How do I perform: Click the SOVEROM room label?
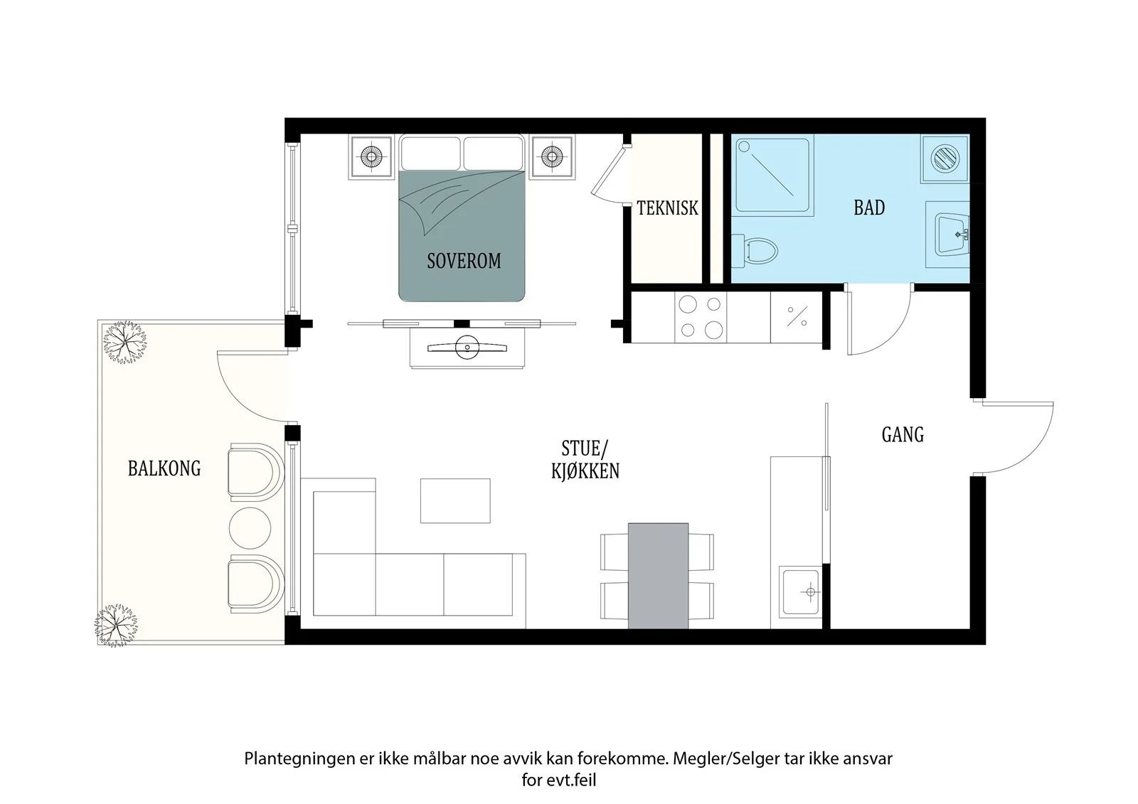point(464,261)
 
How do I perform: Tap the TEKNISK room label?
point(668,208)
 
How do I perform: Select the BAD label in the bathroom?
point(869,208)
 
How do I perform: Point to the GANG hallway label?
point(903,435)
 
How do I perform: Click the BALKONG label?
point(164,468)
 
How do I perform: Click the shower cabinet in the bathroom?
point(772,175)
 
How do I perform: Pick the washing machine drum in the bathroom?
point(945,158)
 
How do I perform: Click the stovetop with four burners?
point(701,318)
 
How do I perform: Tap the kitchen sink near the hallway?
point(801,591)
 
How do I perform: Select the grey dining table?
point(659,576)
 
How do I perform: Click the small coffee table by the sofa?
point(455,500)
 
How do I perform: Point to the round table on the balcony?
point(250,528)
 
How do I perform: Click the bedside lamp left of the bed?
point(371,156)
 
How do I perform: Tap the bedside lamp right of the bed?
point(552,156)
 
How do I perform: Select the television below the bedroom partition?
point(467,348)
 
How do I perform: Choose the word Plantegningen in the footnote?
point(300,759)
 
